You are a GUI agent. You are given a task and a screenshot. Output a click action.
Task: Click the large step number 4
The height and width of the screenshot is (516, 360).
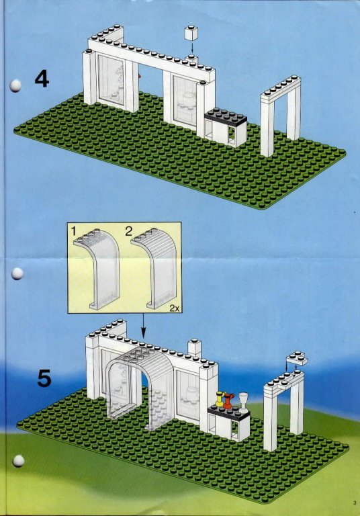pyautogui.click(x=42, y=79)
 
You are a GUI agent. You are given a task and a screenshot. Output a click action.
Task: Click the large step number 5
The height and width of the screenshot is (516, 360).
pyautogui.click(x=44, y=378)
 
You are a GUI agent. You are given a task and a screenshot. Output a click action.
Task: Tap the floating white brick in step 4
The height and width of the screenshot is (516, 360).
pyautogui.click(x=191, y=33)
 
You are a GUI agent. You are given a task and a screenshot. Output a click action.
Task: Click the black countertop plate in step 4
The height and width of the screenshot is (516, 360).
pyautogui.click(x=226, y=116)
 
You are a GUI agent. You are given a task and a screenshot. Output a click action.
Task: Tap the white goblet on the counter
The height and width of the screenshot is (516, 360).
pyautogui.click(x=243, y=402)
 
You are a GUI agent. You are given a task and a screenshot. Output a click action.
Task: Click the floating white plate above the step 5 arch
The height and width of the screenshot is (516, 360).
pyautogui.click(x=297, y=358)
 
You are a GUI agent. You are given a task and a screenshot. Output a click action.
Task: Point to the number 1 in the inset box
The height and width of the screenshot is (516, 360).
pyautogui.click(x=73, y=231)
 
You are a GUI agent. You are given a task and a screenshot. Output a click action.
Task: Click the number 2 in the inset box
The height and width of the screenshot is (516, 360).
pyautogui.click(x=128, y=230)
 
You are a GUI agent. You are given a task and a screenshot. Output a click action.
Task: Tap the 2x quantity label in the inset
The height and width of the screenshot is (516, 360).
pyautogui.click(x=175, y=308)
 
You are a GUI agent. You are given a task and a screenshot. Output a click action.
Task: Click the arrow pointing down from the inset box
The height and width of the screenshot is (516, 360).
pyautogui.click(x=143, y=325)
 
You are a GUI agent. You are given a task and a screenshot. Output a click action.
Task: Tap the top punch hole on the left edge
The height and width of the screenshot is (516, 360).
pyautogui.click(x=15, y=85)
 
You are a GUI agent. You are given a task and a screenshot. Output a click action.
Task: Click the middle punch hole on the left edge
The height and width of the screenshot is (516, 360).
pyautogui.click(x=17, y=273)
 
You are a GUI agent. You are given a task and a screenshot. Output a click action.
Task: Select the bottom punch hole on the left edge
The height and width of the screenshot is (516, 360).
pyautogui.click(x=18, y=461)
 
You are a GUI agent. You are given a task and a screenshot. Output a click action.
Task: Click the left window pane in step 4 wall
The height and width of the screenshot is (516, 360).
pyautogui.click(x=111, y=80)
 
